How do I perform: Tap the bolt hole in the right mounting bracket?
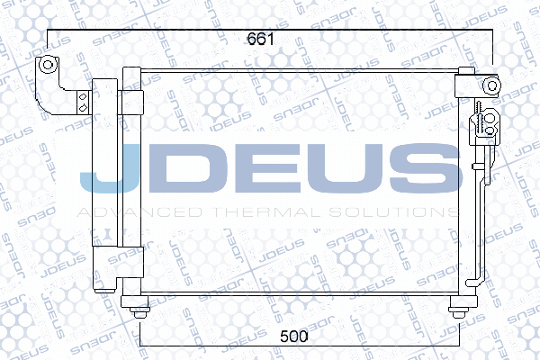(491, 85)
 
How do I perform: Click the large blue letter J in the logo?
(107, 170)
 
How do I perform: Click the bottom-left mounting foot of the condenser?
(137, 310)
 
